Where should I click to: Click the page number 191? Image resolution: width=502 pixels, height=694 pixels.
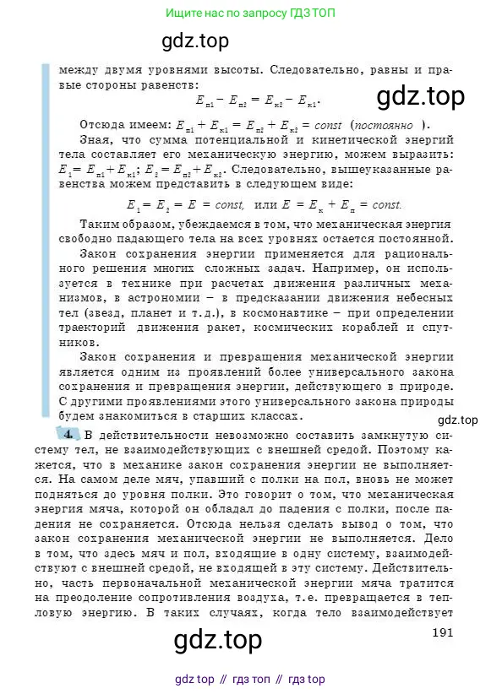[444, 632]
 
